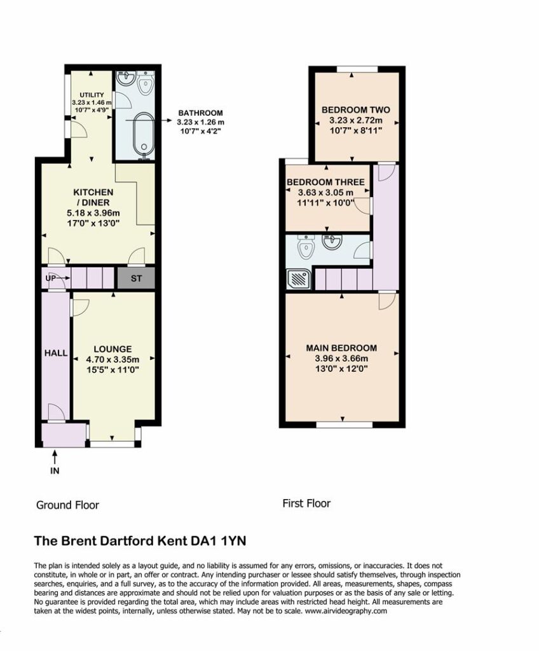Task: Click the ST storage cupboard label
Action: (136, 278)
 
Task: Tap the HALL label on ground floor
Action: (56, 353)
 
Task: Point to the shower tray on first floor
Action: (299, 278)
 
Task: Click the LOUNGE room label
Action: (113, 349)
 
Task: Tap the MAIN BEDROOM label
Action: (341, 348)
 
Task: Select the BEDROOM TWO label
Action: (356, 109)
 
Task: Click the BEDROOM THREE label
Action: (325, 182)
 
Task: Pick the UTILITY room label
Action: (92, 95)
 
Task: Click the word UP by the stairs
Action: (50, 278)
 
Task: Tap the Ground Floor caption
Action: (67, 505)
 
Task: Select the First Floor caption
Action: (306, 504)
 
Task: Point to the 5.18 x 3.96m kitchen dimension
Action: (93, 213)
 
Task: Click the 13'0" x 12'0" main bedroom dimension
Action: (341, 369)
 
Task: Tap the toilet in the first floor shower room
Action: (306, 247)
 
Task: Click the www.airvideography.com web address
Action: (346, 611)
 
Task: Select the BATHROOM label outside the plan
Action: (201, 113)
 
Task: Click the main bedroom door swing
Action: (386, 301)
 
